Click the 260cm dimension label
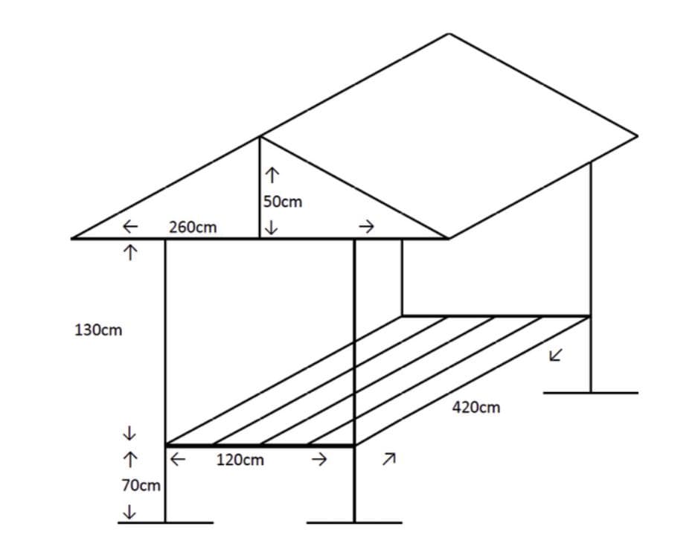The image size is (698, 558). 193,227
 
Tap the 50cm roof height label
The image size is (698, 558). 283,201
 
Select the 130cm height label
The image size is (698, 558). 98,330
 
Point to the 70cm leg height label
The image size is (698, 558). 141,486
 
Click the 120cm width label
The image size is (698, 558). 240,460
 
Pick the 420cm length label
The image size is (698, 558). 476,407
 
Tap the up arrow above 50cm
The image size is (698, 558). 272,176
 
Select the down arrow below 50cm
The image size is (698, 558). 272,226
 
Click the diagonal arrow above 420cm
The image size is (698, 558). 555,355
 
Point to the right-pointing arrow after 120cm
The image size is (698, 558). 318,460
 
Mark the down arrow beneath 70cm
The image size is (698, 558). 130,512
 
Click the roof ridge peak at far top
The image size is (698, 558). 449,33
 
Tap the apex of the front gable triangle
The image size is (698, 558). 260,136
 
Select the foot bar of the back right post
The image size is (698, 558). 590,392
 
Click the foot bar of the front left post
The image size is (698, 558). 165,522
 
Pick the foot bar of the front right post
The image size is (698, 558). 354,522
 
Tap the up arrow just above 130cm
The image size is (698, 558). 130,252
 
